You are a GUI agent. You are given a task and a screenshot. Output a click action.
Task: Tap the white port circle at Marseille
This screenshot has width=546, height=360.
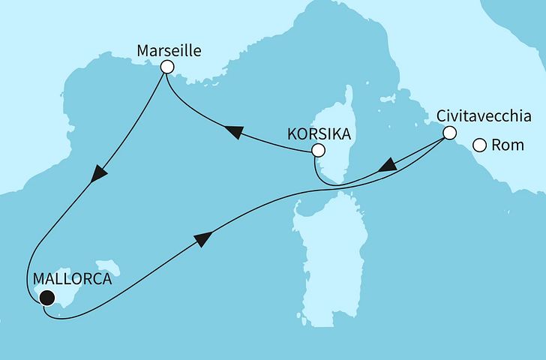[x=167, y=67]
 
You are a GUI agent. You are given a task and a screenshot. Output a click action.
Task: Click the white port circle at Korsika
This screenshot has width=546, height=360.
[x=318, y=151]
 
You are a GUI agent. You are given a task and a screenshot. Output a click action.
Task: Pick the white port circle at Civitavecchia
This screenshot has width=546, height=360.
[x=448, y=133]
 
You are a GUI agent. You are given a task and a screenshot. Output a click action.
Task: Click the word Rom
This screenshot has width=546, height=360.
[x=510, y=145]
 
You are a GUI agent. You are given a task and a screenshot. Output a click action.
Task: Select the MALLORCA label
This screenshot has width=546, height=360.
[x=73, y=279]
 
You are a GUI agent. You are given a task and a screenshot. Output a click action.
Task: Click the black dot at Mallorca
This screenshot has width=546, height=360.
[x=47, y=298]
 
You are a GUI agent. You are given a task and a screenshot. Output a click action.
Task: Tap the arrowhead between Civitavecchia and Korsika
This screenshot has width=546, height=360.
[x=387, y=165]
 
